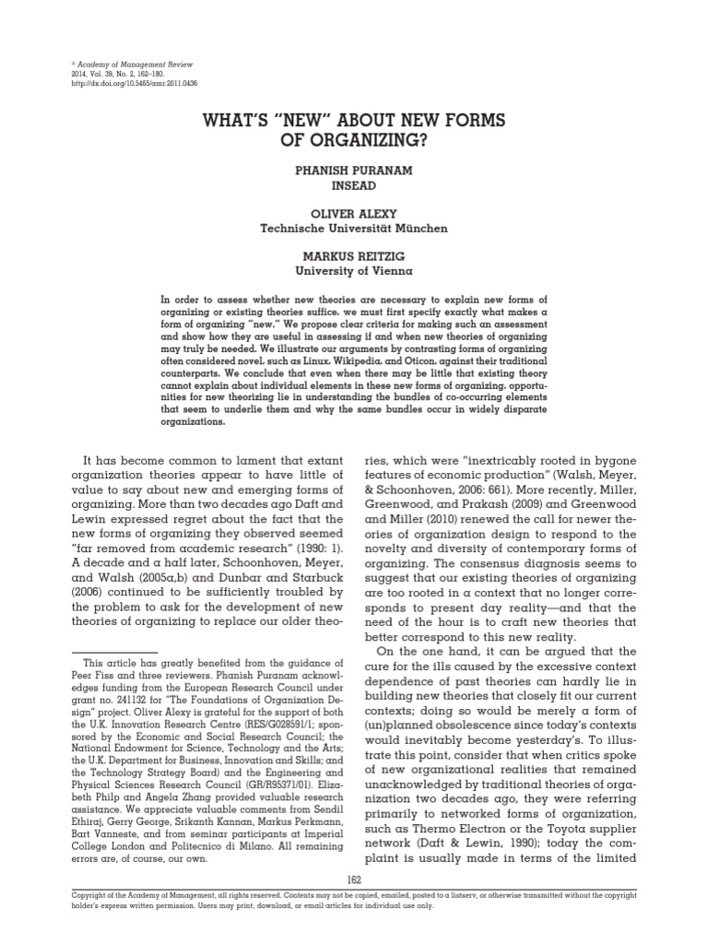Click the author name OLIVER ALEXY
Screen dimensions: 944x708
pyautogui.click(x=355, y=214)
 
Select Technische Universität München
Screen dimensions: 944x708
pyautogui.click(x=355, y=227)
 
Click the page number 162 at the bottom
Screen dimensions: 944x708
pyautogui.click(x=355, y=880)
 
